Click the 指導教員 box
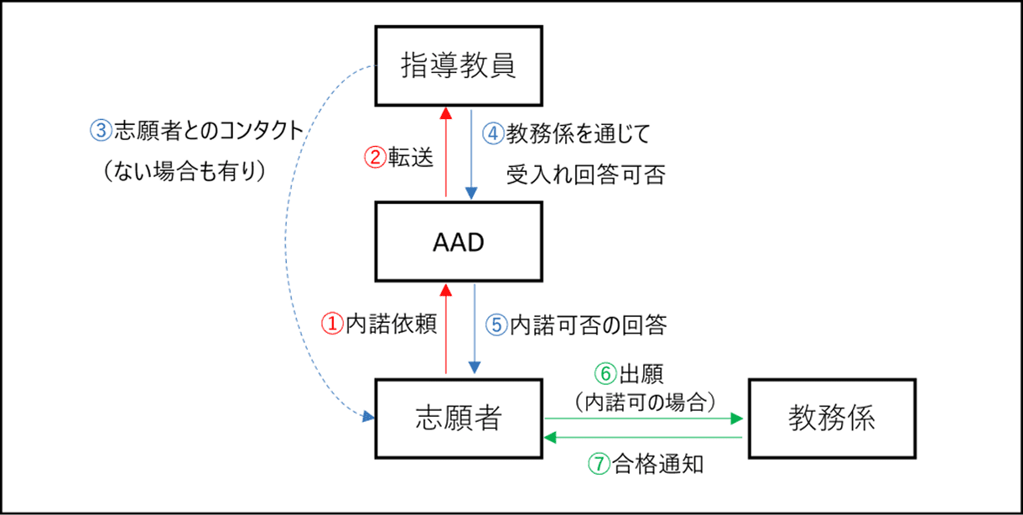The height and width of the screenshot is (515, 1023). coord(458,67)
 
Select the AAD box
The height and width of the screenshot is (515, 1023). coord(458,243)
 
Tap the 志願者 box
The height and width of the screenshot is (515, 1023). coord(458,418)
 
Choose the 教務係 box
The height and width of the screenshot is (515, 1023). coord(831,418)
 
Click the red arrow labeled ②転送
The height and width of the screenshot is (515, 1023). coord(446,155)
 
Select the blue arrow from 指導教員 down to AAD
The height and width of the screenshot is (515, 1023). coord(471,155)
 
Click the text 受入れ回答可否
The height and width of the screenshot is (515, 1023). coord(586,175)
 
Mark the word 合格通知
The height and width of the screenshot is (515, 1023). coord(657,464)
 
